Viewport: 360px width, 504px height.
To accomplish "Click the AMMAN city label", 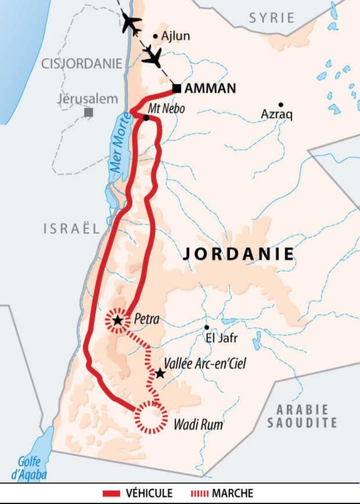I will [210, 89].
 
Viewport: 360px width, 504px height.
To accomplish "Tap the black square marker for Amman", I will [177, 89].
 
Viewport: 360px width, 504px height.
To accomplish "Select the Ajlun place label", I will [175, 36].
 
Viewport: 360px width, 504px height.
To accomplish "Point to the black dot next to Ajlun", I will [155, 36].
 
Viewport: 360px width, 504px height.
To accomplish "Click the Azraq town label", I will [277, 115].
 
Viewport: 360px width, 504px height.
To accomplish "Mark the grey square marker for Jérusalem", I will [89, 112].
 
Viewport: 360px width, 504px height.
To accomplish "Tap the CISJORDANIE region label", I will [82, 63].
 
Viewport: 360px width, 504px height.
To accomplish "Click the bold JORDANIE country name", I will [238, 254].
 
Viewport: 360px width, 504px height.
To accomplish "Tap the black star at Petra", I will [118, 321].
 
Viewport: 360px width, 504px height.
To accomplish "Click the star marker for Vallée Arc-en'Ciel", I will [159, 374].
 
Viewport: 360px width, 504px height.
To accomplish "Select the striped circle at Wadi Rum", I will [151, 417].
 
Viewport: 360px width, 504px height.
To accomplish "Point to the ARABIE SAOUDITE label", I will [306, 416].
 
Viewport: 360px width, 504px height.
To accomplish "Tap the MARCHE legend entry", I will [221, 493].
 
